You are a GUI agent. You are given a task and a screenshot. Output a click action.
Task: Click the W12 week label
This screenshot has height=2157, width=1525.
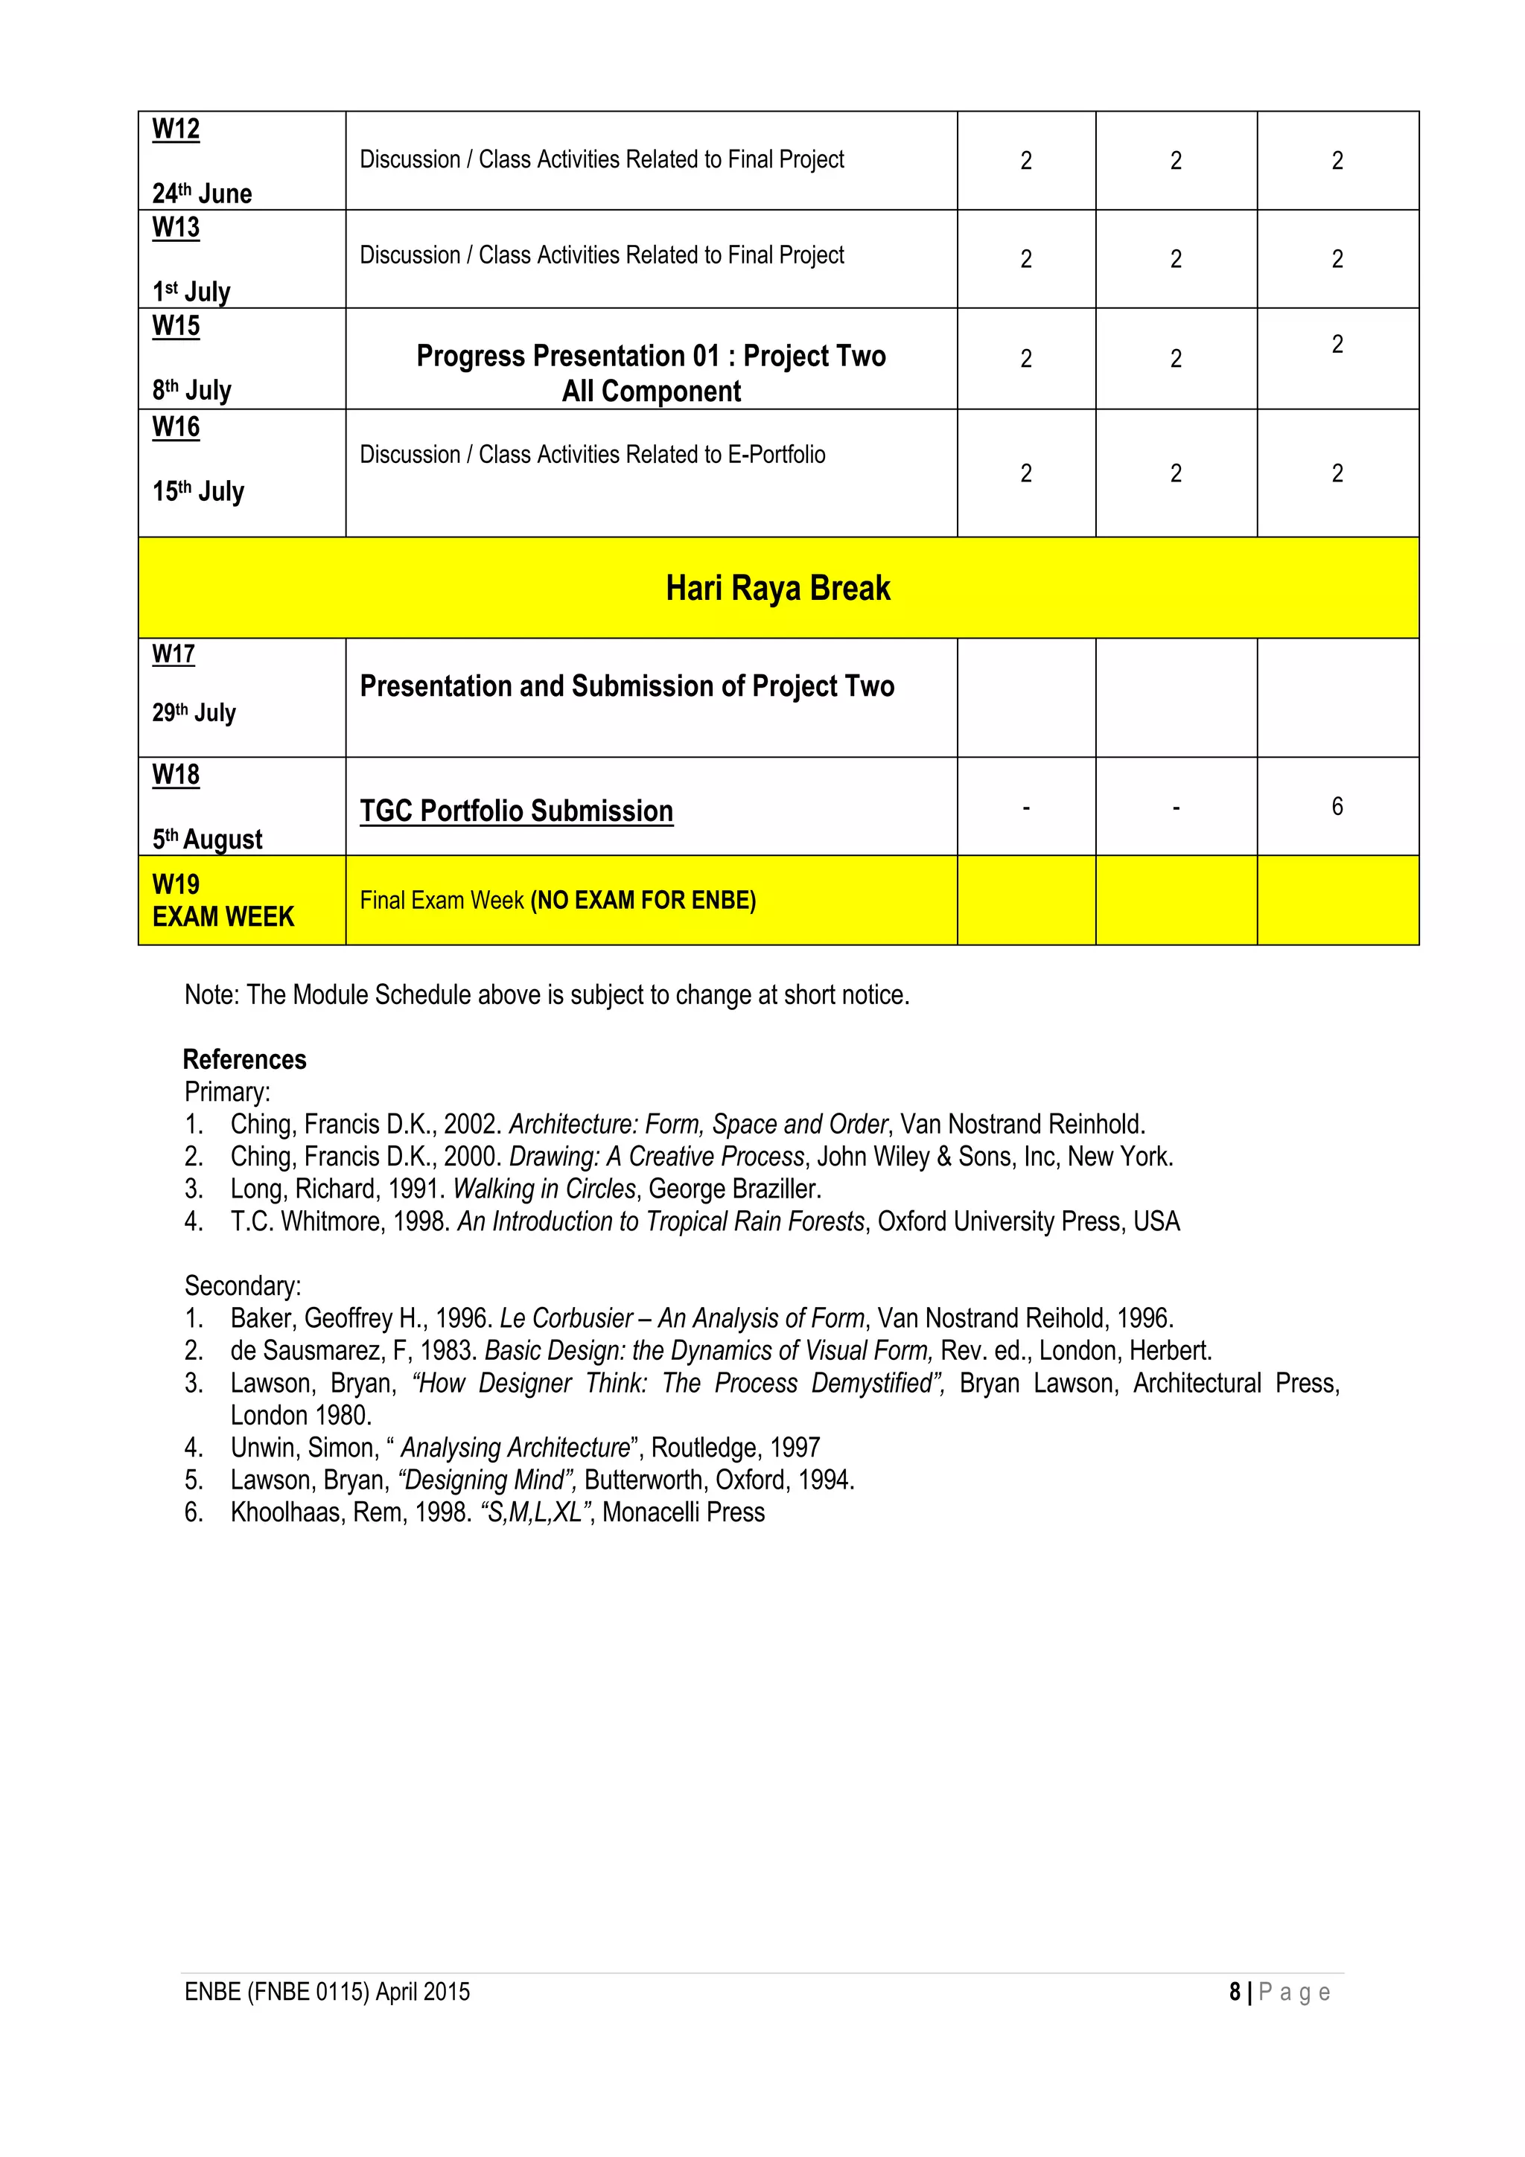click(176, 129)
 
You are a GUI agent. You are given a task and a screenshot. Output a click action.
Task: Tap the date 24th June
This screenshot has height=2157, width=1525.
click(202, 194)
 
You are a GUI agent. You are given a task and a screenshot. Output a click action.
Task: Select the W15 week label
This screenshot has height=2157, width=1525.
click(176, 326)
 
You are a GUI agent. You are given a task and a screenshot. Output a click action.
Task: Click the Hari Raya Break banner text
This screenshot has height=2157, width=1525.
click(777, 588)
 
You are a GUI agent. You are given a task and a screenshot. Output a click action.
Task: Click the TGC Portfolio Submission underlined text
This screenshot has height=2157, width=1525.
click(516, 811)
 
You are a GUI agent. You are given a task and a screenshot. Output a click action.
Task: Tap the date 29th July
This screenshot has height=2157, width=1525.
click(194, 713)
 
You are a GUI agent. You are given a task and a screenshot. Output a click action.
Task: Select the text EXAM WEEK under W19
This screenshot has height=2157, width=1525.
click(223, 916)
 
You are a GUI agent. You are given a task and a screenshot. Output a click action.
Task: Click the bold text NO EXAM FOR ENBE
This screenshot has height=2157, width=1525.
click(643, 900)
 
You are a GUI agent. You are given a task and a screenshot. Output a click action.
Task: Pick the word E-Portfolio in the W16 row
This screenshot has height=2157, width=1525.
click(776, 455)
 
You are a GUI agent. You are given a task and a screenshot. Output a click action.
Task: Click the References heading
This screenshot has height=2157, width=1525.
click(244, 1060)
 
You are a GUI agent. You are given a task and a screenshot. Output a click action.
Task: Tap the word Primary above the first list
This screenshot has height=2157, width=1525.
click(226, 1092)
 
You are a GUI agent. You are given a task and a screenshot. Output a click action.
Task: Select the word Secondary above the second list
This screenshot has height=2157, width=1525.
click(243, 1285)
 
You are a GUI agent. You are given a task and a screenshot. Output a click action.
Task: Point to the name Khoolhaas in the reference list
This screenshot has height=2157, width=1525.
click(286, 1512)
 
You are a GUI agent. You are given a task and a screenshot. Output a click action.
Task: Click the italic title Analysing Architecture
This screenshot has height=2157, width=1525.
click(514, 1447)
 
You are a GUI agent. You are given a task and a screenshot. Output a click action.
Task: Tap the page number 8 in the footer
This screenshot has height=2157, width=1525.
click(1234, 1992)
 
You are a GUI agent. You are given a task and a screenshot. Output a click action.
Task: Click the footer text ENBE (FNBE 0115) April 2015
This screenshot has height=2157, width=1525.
click(327, 1992)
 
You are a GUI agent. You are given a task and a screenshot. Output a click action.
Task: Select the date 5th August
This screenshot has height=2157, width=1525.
click(207, 839)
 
